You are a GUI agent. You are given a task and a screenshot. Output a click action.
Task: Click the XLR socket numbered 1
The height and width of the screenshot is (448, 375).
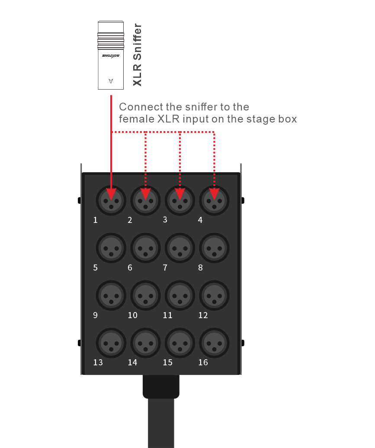111,201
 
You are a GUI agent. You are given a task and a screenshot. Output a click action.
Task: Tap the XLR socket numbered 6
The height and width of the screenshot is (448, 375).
145,248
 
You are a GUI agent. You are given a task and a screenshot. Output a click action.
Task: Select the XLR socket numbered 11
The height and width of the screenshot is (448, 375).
180,296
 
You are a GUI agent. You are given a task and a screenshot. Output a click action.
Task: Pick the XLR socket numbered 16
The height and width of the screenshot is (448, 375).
215,343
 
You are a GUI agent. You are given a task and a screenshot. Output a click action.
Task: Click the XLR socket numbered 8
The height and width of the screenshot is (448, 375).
215,248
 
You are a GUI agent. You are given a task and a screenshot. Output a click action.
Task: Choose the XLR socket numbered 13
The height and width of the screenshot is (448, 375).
111,343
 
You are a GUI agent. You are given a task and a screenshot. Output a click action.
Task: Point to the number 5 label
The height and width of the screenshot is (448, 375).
95,268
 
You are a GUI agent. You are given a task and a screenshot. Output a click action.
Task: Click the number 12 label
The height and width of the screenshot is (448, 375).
203,315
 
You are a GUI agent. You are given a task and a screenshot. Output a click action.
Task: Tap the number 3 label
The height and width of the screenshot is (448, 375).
165,219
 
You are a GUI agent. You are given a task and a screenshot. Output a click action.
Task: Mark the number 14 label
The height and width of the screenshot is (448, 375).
132,362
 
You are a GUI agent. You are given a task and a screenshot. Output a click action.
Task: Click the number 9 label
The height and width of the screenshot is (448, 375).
95,315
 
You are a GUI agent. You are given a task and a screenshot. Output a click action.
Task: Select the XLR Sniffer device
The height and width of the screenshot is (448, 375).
111,55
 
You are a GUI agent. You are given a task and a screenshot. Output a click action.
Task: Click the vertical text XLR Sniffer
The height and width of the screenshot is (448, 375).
137,55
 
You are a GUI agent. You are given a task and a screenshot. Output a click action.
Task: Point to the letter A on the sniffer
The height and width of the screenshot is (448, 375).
111,81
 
